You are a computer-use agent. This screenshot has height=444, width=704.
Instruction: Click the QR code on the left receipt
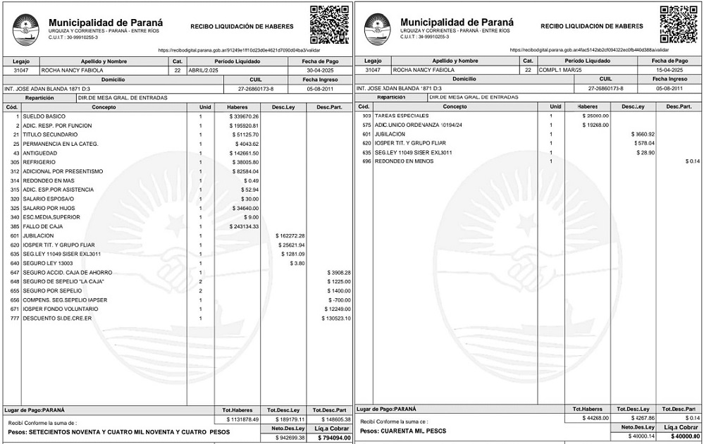[330, 24]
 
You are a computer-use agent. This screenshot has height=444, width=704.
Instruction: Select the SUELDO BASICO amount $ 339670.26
[247, 116]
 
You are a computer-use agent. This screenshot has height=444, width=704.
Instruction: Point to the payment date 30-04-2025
[319, 70]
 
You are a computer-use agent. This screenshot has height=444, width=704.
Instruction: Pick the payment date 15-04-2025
[669, 70]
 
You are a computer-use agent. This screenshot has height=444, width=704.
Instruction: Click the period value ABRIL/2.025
[205, 70]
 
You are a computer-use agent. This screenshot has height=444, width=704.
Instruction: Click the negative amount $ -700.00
[339, 300]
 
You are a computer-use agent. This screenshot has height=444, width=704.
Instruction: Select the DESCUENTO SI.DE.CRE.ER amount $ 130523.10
[335, 318]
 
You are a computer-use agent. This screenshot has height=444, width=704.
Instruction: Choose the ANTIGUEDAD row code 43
[15, 153]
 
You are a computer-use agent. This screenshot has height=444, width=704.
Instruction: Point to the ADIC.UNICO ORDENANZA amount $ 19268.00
[595, 125]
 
